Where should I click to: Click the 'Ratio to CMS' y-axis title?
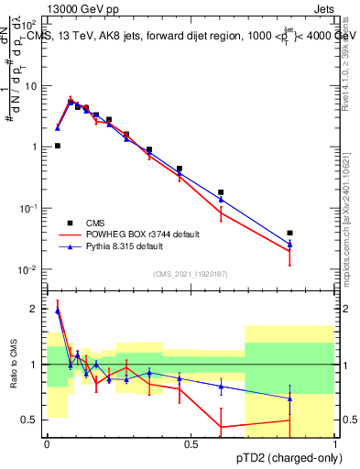click(x=14, y=365)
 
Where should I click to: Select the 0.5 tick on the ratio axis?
click(x=32, y=420)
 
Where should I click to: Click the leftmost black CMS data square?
click(x=58, y=146)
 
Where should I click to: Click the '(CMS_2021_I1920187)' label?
click(x=190, y=274)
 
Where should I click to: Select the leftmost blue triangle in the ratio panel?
click(x=58, y=311)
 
